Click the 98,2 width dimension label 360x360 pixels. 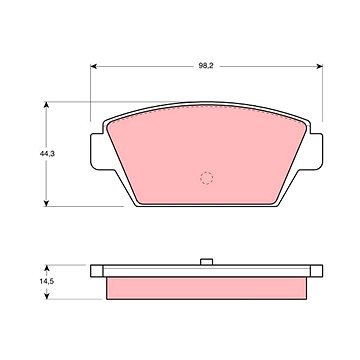206,66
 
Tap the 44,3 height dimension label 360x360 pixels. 47,154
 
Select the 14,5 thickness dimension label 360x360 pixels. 47,281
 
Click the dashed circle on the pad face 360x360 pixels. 206,178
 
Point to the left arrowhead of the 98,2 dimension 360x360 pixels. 94,66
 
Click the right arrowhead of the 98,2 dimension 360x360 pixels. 319,66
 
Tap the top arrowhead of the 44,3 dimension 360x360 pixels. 47,105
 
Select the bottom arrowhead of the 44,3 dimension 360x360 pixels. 47,203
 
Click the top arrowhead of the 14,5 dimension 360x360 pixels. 47,268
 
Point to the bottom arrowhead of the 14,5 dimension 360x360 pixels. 47,296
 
